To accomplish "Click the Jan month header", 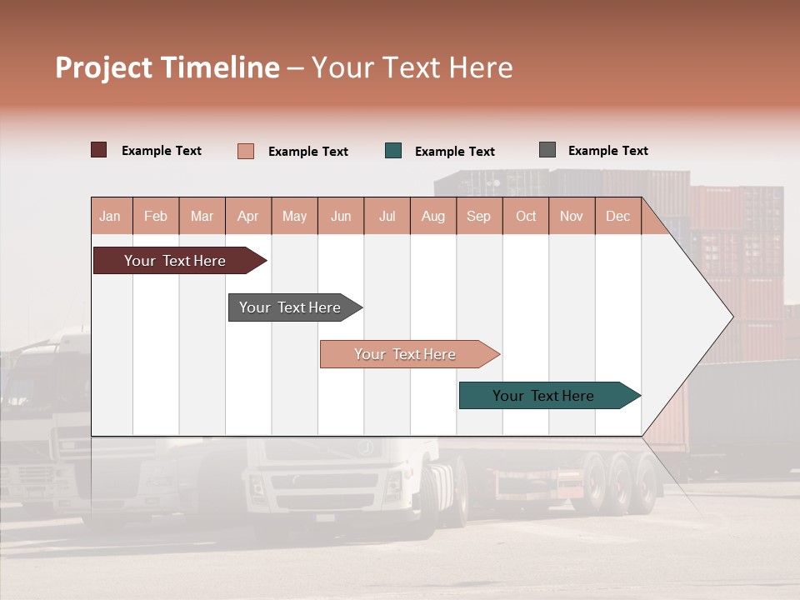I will (x=110, y=216).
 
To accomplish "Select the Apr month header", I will (x=247, y=216).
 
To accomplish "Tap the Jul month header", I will (x=387, y=216).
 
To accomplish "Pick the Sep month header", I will (x=478, y=216).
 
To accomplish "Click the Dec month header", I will (x=617, y=216).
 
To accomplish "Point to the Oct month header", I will (x=526, y=216).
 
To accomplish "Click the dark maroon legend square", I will (x=98, y=150).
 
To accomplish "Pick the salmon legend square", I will (x=246, y=151).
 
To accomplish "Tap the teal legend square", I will (x=393, y=151).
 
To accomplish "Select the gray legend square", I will (x=547, y=150).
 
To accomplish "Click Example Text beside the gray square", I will (x=607, y=151).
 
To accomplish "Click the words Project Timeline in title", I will (x=167, y=67).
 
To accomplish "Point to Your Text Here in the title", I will (x=412, y=67).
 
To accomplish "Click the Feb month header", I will (x=156, y=216).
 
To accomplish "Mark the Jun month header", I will (x=341, y=216).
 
